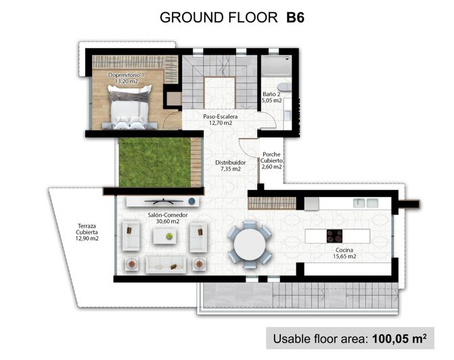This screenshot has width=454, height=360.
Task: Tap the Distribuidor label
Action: tap(230, 163)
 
